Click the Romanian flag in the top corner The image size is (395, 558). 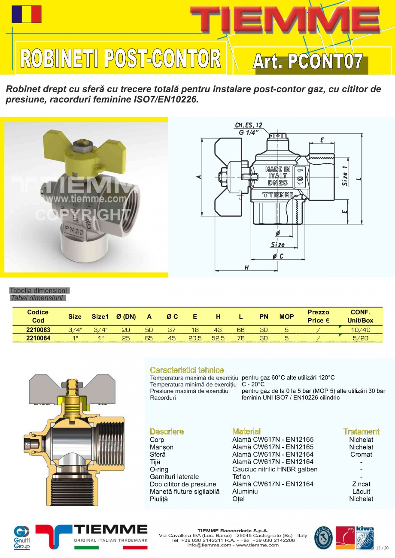[27, 14]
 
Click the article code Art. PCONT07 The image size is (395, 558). [307, 62]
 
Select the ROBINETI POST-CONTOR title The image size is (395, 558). [121, 59]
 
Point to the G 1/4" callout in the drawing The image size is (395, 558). [251, 133]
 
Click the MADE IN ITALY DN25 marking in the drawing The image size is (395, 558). [277, 175]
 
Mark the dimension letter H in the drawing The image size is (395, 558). [246, 267]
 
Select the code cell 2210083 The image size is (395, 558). [38, 330]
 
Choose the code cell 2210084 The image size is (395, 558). [38, 338]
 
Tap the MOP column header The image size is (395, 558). [286, 317]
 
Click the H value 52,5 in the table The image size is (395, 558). [218, 338]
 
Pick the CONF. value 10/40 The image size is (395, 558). [360, 330]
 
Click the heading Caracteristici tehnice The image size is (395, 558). [187, 370]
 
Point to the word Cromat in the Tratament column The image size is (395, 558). [361, 454]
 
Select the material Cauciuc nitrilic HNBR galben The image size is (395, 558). [275, 469]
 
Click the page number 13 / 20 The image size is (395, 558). [382, 548]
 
